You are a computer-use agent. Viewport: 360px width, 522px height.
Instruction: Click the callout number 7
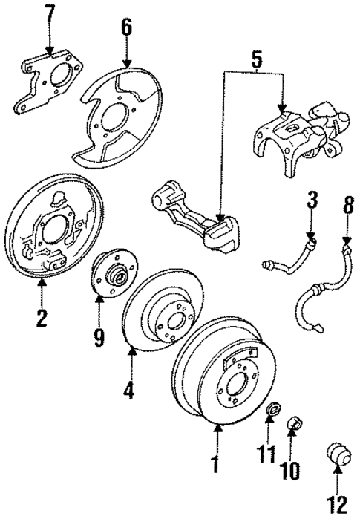coord(50,13)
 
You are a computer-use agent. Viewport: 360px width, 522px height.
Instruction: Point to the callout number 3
coord(312,200)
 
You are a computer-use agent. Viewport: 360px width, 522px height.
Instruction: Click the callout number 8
coord(346,203)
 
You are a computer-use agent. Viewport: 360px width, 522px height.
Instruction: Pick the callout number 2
coord(41,319)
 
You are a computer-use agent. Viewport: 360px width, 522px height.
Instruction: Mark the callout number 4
coord(130,390)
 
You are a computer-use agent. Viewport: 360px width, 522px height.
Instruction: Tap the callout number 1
coord(215,466)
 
